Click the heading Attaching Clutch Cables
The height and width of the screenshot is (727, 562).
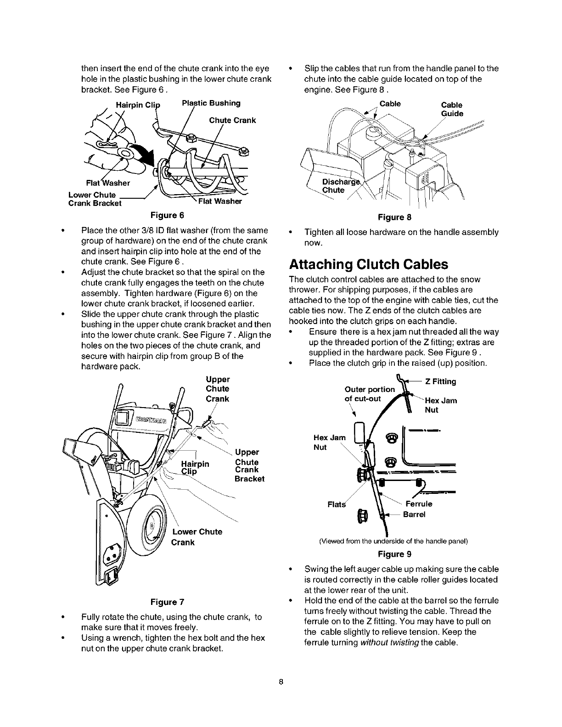point(368,265)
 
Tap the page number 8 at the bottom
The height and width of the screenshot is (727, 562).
point(281,681)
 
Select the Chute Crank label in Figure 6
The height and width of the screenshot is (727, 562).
point(232,120)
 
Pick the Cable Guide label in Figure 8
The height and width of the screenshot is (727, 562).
point(452,109)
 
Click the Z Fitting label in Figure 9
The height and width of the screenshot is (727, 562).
point(440,381)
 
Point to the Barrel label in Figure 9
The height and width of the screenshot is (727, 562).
point(414,514)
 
